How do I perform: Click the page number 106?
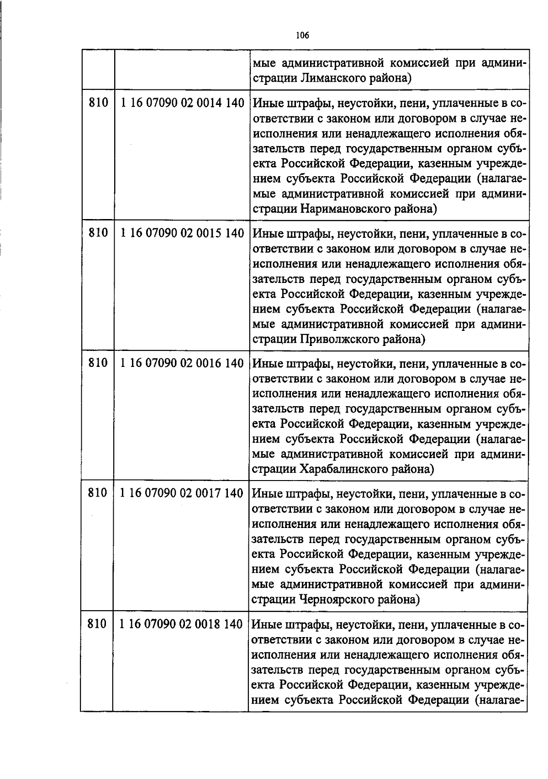[x=302, y=35]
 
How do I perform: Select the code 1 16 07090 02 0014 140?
[x=182, y=103]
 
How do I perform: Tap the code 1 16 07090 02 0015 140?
[x=182, y=233]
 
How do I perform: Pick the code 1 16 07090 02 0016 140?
[x=182, y=363]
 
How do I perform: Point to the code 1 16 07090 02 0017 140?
[x=182, y=493]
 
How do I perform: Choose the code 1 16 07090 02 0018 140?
[x=181, y=624]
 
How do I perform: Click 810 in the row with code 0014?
[x=98, y=103]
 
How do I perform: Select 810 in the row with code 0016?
[x=98, y=363]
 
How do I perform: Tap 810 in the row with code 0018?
[x=97, y=624]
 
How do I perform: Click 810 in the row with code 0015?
[x=98, y=233]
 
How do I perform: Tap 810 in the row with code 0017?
[x=97, y=493]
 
